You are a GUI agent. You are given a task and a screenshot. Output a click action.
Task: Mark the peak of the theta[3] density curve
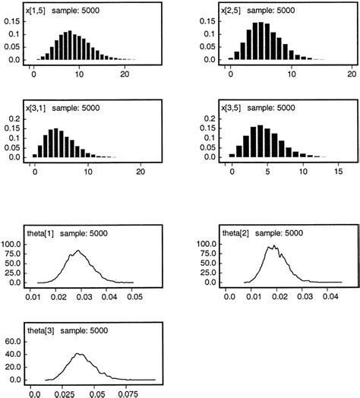[x=79, y=354]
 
